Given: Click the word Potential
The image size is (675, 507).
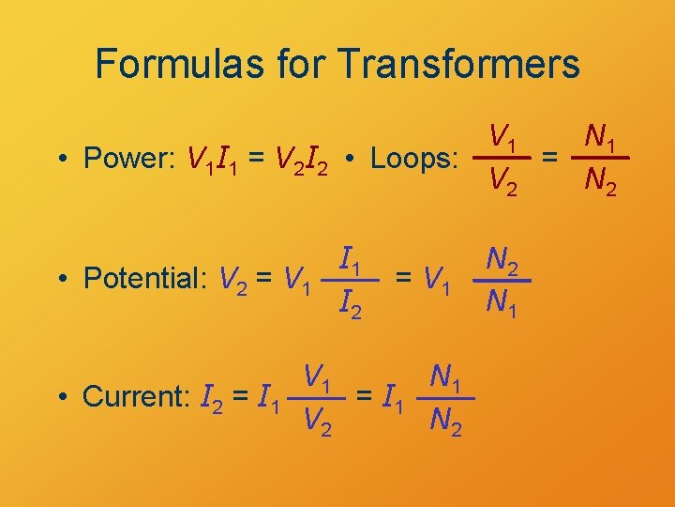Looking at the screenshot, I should (145, 279).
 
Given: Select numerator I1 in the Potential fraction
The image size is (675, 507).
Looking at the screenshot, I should (352, 255).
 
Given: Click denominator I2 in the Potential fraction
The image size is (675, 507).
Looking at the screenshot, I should (352, 302).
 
